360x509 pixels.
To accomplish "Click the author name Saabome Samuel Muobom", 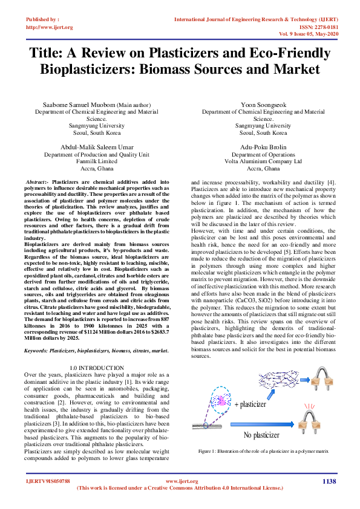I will [x=73, y=105].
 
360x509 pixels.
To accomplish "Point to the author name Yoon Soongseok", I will [x=263, y=105].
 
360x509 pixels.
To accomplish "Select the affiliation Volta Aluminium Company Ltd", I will [x=263, y=161].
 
